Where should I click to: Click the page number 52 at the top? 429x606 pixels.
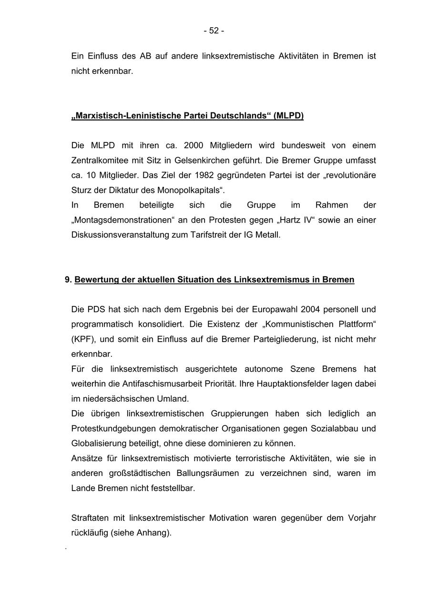[214, 30]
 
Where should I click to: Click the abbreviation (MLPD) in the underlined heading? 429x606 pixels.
[288, 116]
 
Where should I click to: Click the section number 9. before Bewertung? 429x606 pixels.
[68, 280]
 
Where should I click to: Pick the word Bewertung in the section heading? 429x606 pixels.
[97, 280]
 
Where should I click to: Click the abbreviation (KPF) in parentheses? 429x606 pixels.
[83, 339]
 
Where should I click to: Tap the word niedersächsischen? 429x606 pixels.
[114, 399]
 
